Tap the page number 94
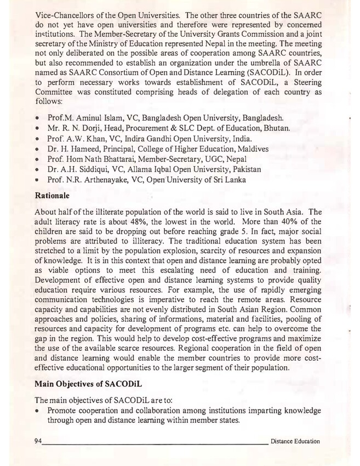coord(38,441)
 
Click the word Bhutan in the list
coord(277,128)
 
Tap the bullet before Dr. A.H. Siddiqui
coord(37,170)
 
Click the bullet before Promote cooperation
coord(37,411)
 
